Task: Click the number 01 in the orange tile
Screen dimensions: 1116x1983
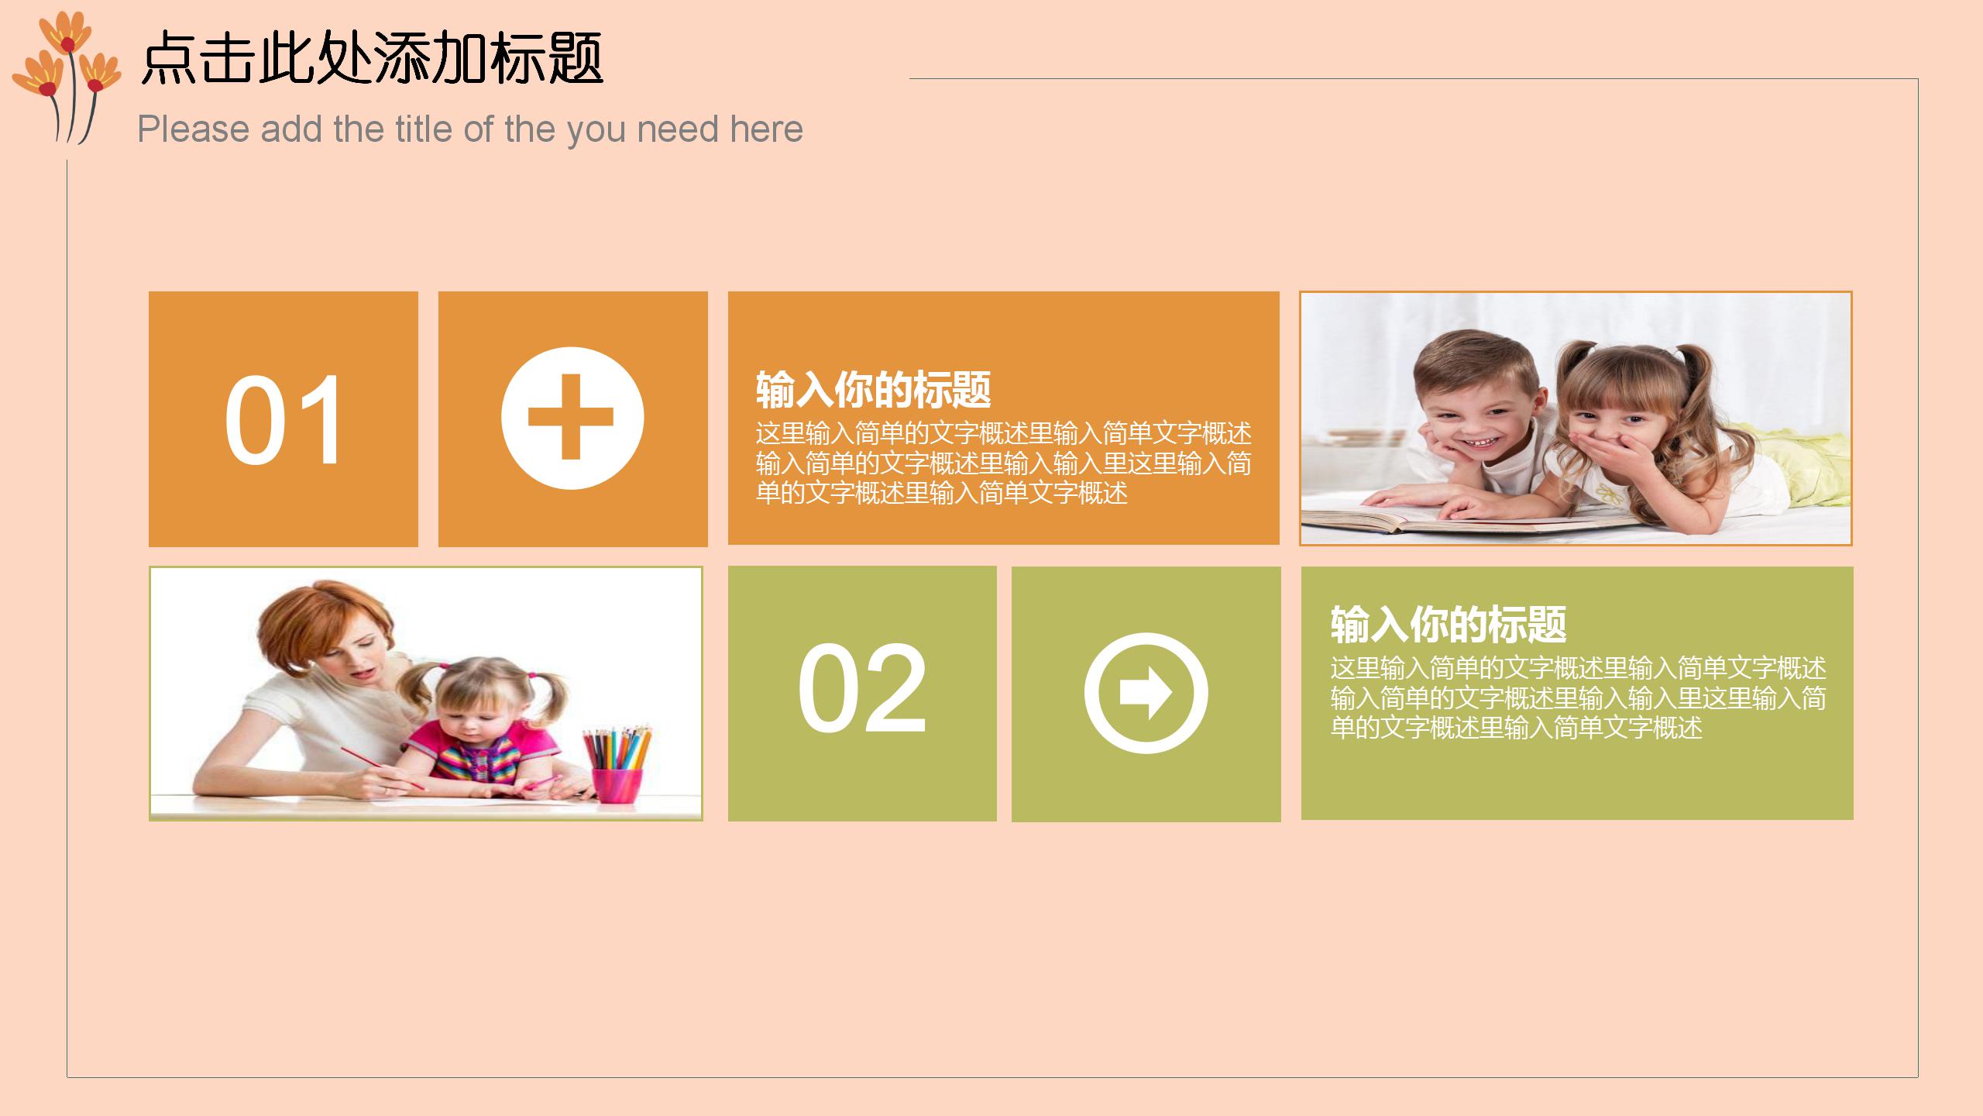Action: pyautogui.click(x=284, y=419)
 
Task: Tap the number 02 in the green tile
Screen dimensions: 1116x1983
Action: pyautogui.click(x=862, y=688)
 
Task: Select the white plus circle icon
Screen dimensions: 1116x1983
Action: pyautogui.click(x=572, y=418)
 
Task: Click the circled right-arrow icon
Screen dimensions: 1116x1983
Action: pyautogui.click(x=1146, y=692)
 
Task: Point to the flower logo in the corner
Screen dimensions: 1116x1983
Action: pyautogui.click(x=67, y=74)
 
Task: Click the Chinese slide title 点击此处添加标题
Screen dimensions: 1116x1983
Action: pyautogui.click(x=372, y=58)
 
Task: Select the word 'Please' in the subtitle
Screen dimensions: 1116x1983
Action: pyautogui.click(x=194, y=129)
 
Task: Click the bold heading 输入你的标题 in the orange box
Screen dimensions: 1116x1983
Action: pyautogui.click(x=873, y=390)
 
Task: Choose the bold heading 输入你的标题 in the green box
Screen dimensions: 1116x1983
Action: pyautogui.click(x=1449, y=625)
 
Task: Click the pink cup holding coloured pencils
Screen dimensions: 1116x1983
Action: pyautogui.click(x=617, y=784)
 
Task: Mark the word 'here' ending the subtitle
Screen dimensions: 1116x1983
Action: pyautogui.click(x=766, y=129)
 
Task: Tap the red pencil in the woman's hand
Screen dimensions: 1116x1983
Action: pyautogui.click(x=383, y=768)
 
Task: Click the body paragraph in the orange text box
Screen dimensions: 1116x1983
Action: pyautogui.click(x=1003, y=463)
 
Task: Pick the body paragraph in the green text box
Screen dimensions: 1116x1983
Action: pyautogui.click(x=1578, y=697)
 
